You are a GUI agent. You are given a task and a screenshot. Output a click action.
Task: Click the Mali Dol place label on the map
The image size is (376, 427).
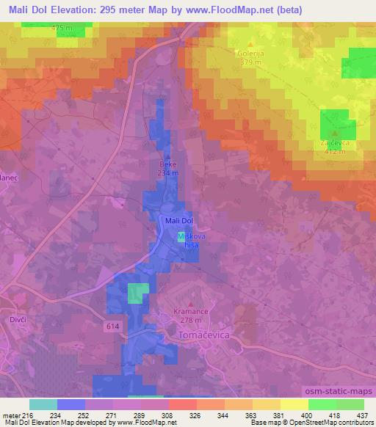[x=179, y=220]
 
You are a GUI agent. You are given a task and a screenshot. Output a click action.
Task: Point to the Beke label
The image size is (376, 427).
[x=168, y=165]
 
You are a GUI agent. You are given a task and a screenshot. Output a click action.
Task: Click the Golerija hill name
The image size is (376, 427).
[x=250, y=54]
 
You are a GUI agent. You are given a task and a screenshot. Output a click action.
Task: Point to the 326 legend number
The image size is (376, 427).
[x=195, y=415]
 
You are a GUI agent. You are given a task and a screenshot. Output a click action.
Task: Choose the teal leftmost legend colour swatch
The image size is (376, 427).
[x=43, y=404]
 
